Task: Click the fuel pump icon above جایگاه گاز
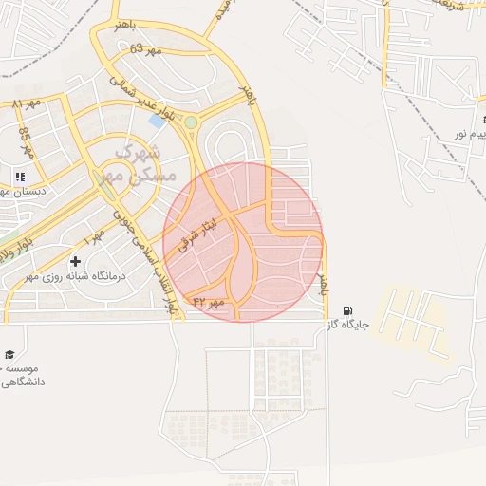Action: [x=347, y=310]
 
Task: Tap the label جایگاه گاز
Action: [x=347, y=325]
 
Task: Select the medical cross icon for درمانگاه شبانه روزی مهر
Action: [x=75, y=260]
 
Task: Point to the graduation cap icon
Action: [x=9, y=353]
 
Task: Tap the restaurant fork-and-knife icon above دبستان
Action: [x=19, y=176]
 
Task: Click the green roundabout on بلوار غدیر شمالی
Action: [x=191, y=122]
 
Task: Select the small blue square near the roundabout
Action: [x=157, y=121]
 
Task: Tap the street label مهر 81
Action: [x=26, y=103]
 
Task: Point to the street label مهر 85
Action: [x=27, y=143]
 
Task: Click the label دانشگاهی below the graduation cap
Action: [x=23, y=382]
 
